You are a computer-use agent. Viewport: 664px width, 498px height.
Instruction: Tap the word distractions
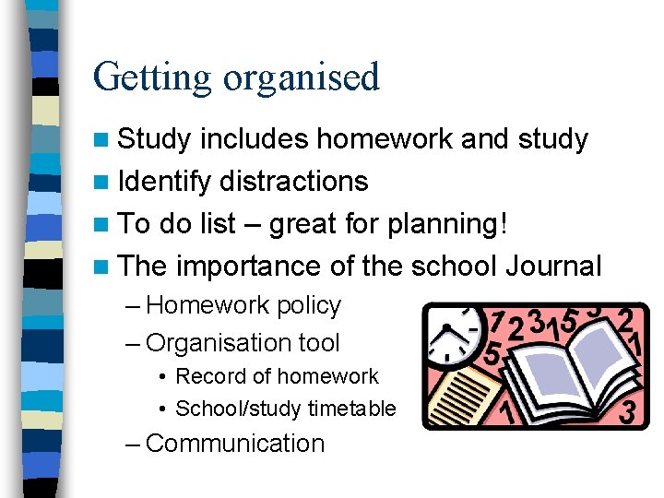point(294,182)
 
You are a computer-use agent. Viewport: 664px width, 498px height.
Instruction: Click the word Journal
point(553,267)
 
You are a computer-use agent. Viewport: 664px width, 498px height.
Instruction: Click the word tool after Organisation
point(319,343)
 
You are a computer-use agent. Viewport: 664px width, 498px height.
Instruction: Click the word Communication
point(235,444)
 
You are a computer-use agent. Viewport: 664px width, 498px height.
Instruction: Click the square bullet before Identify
point(104,182)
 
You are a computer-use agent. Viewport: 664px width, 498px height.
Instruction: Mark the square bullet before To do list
point(104,224)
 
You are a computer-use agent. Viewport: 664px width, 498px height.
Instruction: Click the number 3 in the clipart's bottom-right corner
point(628,409)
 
